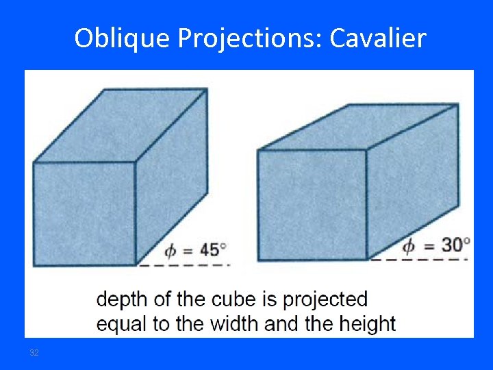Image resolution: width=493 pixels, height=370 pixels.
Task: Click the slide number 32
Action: [34, 353]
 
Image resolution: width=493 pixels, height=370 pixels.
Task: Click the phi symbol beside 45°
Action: [168, 251]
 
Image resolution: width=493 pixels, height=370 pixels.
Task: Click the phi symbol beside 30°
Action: [409, 245]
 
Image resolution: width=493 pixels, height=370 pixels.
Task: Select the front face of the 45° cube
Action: [84, 213]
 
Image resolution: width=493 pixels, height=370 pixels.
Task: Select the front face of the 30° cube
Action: [312, 204]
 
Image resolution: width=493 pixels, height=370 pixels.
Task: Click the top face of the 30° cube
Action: [359, 127]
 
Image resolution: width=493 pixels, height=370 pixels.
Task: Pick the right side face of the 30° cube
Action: [412, 178]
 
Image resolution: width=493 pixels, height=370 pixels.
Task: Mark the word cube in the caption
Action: [220, 299]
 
